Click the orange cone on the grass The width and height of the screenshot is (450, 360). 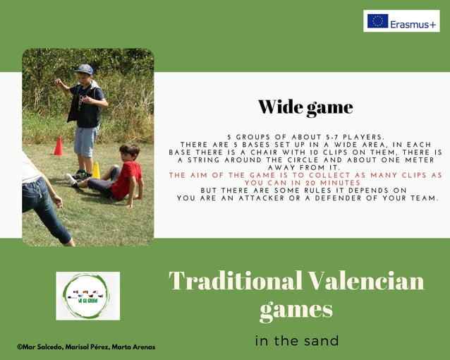[59, 147]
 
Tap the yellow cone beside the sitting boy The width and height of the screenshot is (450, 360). [96, 170]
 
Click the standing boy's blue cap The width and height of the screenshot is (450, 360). [84, 69]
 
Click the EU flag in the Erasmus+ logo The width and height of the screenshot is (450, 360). [377, 21]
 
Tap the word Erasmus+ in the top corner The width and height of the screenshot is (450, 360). [413, 22]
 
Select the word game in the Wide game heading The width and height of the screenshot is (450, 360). [329, 108]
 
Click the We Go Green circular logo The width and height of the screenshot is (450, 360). [87, 296]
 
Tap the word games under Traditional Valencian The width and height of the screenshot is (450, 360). [296, 309]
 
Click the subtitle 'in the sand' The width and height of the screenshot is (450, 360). [296, 341]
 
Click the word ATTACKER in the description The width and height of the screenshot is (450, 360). [241, 198]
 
